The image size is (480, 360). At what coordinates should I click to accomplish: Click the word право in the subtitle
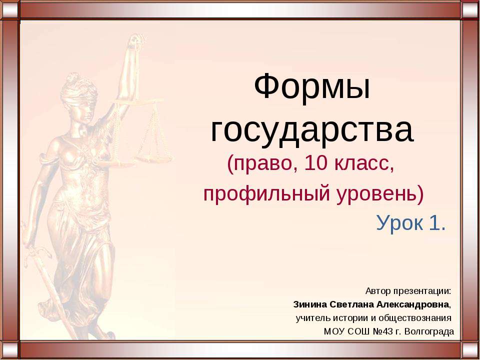coord(256,163)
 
